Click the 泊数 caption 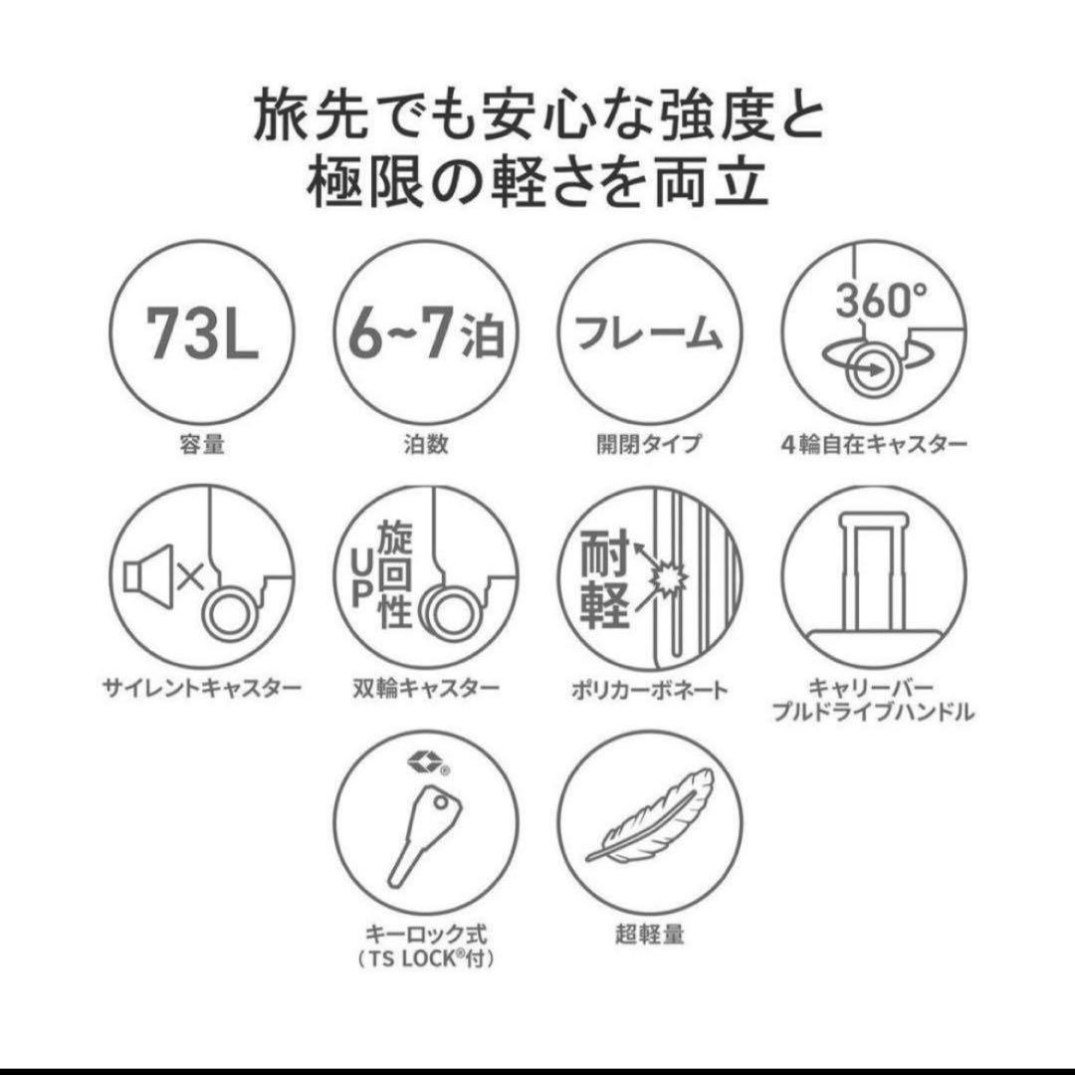[x=426, y=444]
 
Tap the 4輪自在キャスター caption [x=873, y=444]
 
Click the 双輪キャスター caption [x=426, y=688]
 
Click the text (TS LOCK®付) [x=426, y=960]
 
